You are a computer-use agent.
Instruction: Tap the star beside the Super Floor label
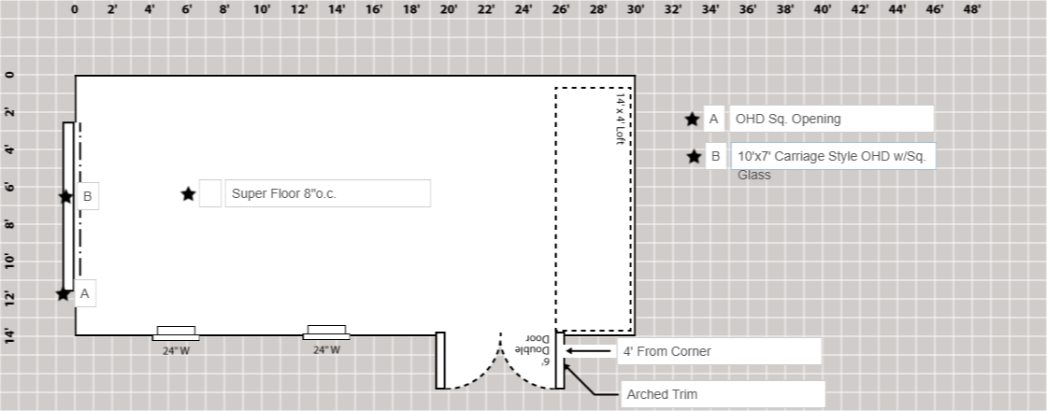(189, 193)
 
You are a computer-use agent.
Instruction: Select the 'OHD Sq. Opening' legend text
(787, 119)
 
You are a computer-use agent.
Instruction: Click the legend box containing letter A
(713, 119)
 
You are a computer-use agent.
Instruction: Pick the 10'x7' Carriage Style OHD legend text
(831, 157)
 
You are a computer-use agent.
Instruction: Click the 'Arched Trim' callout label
(662, 394)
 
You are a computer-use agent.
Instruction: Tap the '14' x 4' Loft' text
(620, 118)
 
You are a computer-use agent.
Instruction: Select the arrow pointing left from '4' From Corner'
(589, 351)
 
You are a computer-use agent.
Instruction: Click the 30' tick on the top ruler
(636, 10)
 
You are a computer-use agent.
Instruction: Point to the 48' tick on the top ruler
(972, 10)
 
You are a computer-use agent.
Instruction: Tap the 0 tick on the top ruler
(75, 10)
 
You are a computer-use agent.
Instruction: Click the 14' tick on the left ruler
(10, 334)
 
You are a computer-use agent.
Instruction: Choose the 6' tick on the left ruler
(10, 187)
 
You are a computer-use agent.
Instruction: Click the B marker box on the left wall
(87, 196)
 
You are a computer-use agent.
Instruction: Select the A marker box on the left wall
(85, 293)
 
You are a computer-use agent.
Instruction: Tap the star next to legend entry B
(694, 157)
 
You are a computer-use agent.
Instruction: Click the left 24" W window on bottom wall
(176, 333)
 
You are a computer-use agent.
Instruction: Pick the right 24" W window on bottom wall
(326, 332)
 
